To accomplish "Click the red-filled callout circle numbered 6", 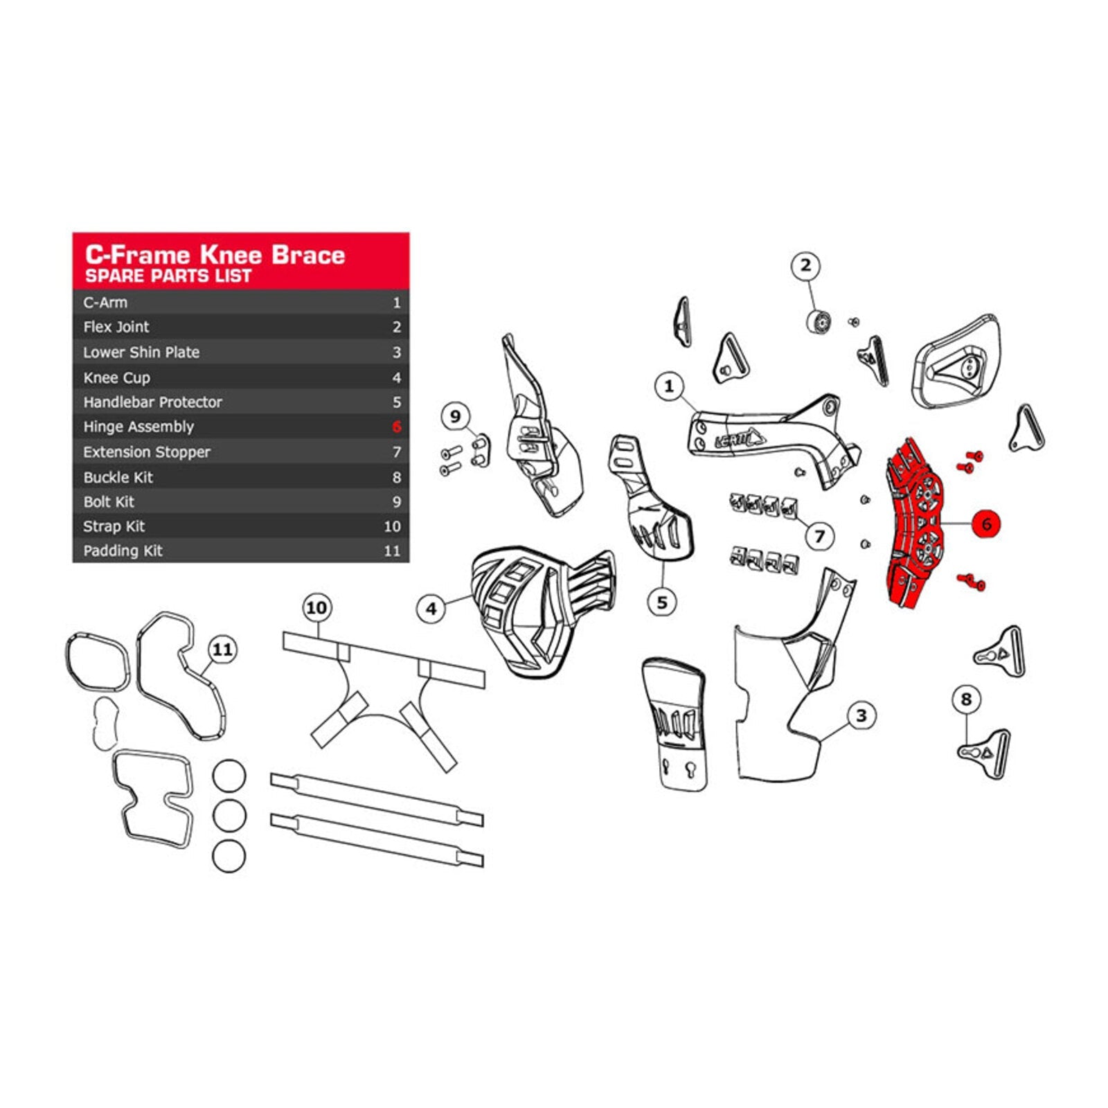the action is [x=986, y=524].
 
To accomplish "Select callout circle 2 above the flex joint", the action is [x=805, y=265].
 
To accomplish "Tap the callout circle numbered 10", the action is [x=316, y=607].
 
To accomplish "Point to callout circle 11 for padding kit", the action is [x=222, y=650].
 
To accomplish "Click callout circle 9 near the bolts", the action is [x=455, y=416].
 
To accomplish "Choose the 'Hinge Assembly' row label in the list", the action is [x=138, y=427].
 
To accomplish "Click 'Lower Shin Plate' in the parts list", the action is [x=141, y=352].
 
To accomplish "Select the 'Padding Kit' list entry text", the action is [x=123, y=551].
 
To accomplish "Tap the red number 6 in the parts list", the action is [x=396, y=427].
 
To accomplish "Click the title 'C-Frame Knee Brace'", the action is [x=215, y=254].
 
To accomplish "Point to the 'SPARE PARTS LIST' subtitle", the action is [x=168, y=276].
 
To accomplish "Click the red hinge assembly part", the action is [x=914, y=524].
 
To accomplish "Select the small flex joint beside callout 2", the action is [x=819, y=321].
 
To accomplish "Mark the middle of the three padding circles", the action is [x=229, y=816].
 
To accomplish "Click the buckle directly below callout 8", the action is [x=984, y=753].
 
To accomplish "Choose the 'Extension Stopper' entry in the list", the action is [x=147, y=452].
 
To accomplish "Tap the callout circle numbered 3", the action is [x=861, y=715].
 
